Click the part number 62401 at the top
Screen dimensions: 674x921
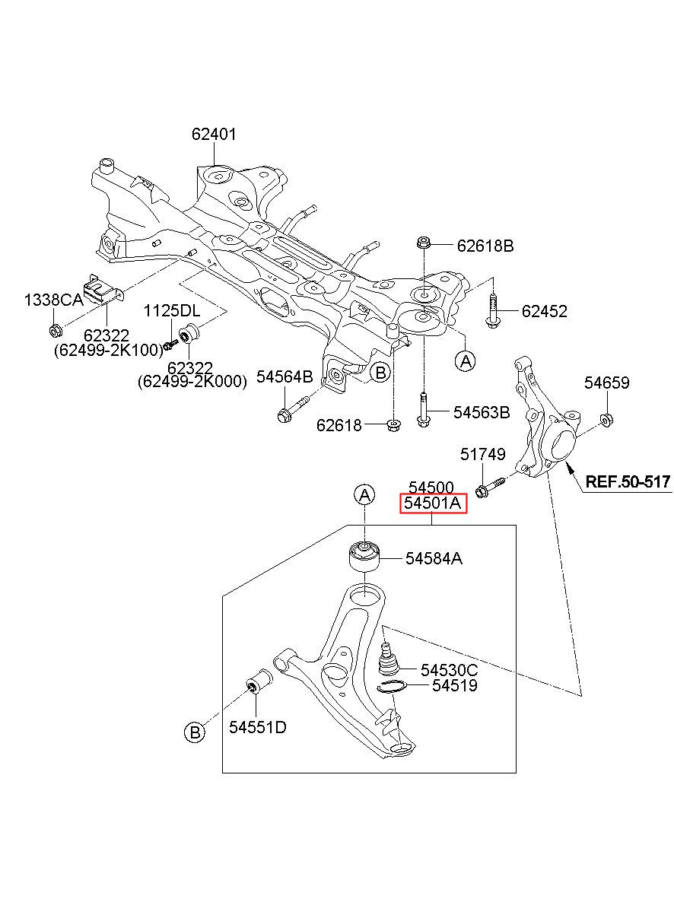point(214,135)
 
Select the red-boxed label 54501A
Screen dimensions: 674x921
point(434,503)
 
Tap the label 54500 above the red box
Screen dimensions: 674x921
point(431,487)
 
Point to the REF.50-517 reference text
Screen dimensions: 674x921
point(628,481)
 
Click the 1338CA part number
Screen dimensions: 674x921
point(53,300)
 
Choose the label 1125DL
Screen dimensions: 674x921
point(171,311)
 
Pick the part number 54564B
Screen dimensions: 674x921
point(285,376)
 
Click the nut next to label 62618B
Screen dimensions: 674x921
point(423,242)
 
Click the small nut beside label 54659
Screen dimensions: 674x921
point(606,420)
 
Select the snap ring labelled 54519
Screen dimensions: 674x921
point(392,687)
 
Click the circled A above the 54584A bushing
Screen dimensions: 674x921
point(364,495)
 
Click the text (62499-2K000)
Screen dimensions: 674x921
point(192,382)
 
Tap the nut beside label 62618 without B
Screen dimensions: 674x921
point(394,424)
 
